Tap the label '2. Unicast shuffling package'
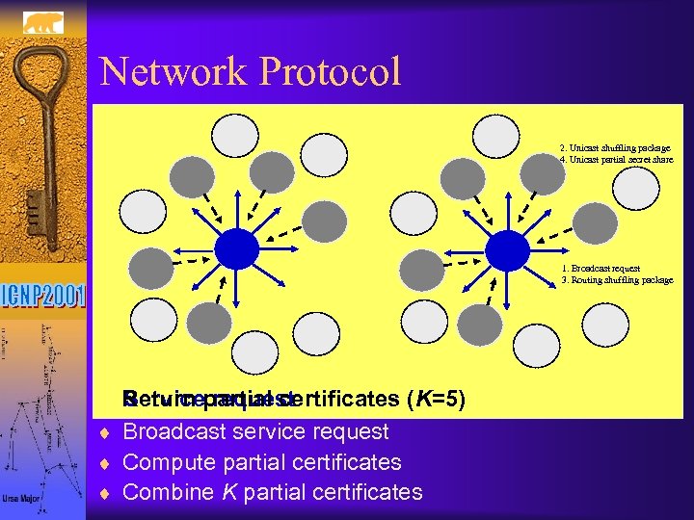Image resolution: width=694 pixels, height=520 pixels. (615, 148)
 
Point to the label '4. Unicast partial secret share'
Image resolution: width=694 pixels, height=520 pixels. (616, 160)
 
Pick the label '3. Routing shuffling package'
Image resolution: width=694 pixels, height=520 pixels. (617, 280)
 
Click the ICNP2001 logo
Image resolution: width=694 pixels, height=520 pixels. (43, 295)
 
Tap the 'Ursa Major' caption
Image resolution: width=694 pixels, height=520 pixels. (21, 499)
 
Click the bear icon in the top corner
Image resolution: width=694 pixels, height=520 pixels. (42, 20)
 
